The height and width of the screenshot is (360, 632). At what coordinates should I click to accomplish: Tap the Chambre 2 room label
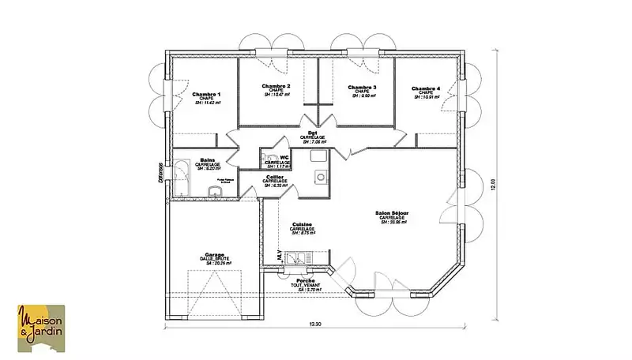pos(276,86)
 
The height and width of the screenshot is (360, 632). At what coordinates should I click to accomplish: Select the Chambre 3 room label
pos(362,87)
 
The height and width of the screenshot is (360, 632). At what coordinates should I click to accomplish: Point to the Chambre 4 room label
pos(425,88)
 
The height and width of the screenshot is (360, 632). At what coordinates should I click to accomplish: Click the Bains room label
pos(208,159)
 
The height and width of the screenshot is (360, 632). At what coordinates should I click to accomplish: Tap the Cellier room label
pos(275,177)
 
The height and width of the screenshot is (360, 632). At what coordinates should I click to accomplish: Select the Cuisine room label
pos(302,224)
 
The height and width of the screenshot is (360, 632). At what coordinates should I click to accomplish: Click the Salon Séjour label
pos(393,213)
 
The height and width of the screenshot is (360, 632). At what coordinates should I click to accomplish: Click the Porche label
pos(306,281)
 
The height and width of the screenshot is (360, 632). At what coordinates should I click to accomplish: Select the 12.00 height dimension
pos(493,183)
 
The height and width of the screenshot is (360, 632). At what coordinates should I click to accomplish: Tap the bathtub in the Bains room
pos(181,178)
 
